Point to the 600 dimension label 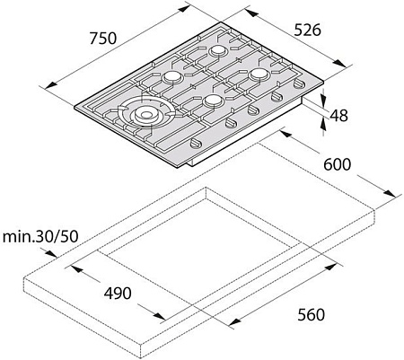tap(336, 164)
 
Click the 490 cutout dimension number tap(118, 293)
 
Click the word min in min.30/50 tap(17, 237)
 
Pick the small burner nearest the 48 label tap(260, 73)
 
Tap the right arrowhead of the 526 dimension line tap(346, 66)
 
